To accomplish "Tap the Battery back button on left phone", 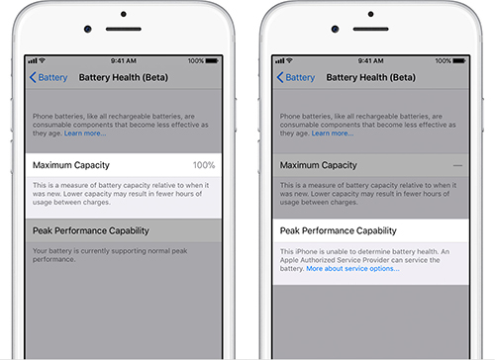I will click(50, 76).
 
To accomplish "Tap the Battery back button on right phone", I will click(296, 76).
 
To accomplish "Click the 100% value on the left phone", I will click(205, 164).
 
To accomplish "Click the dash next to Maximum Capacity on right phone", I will click(457, 164).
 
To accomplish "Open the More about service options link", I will click(352, 268).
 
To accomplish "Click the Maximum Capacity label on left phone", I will click(70, 164).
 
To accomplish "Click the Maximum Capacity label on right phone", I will click(317, 164).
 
